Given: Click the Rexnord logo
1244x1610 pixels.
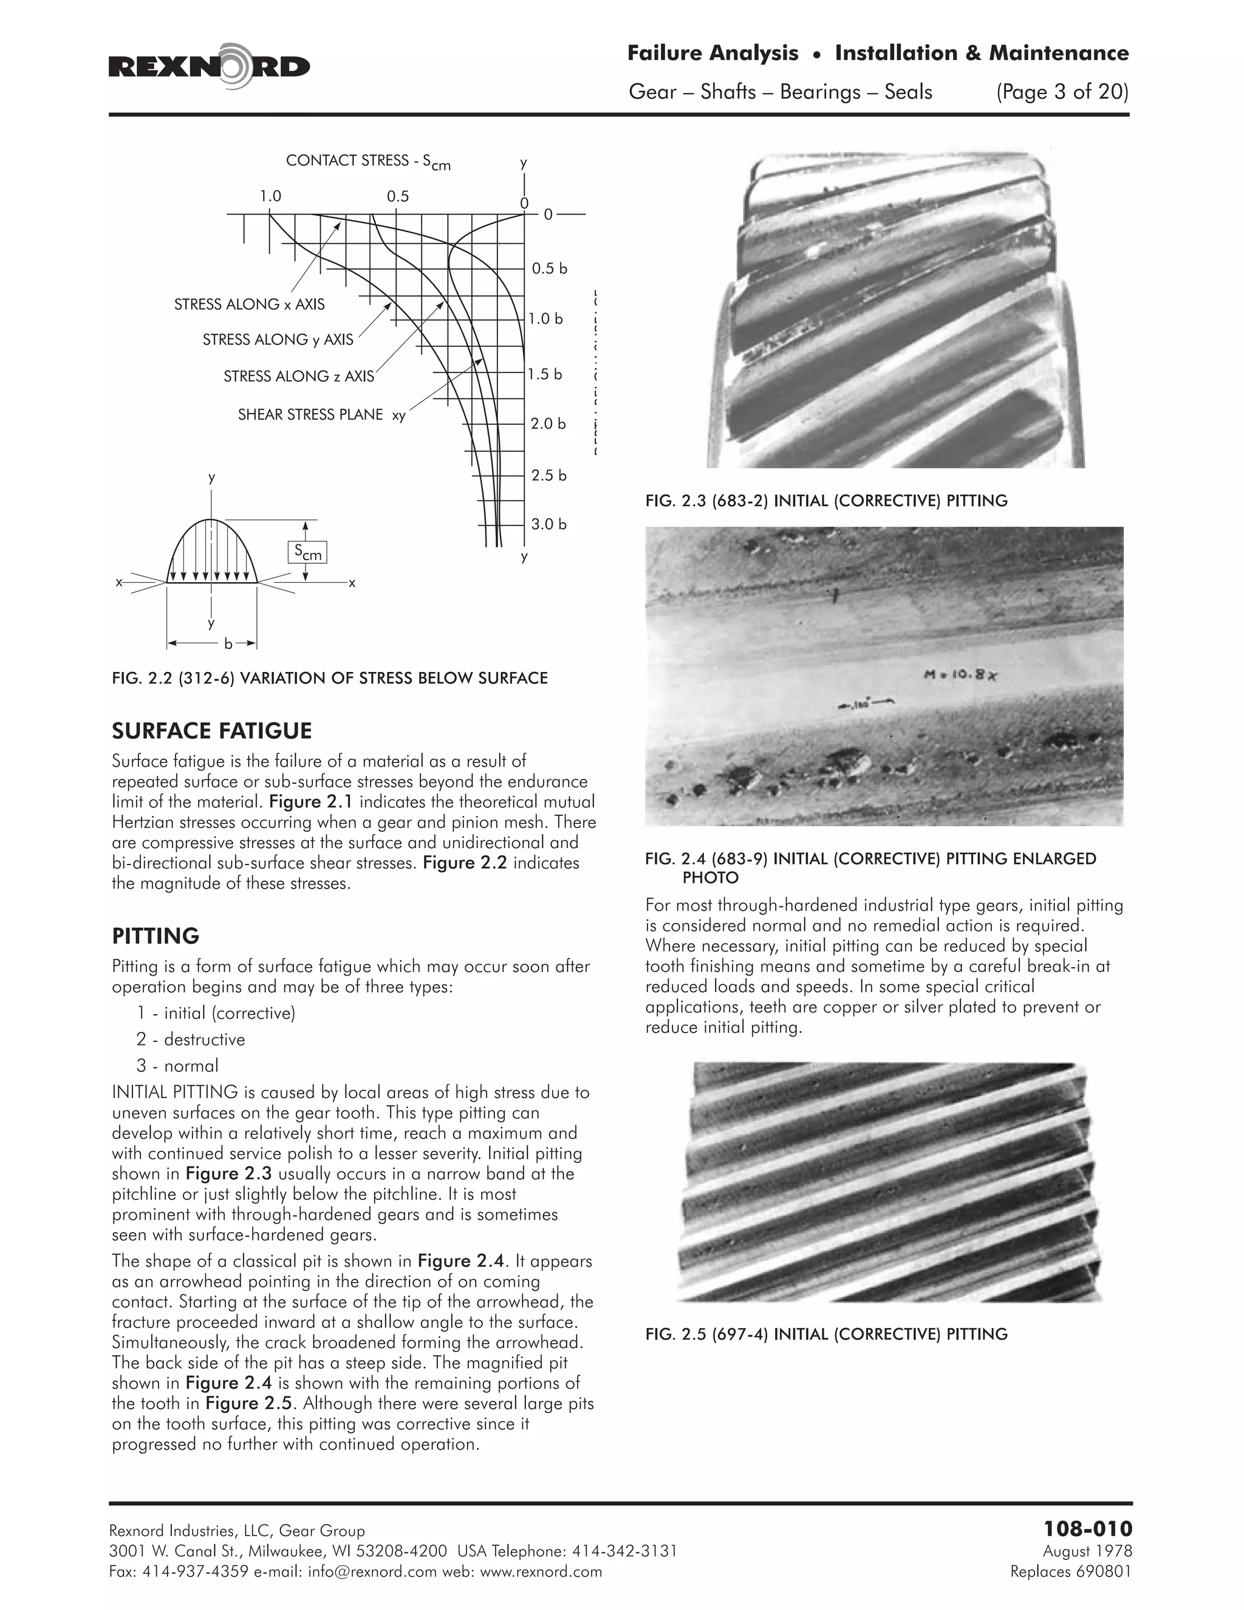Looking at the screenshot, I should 210,67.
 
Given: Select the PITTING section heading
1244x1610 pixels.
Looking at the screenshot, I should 155,936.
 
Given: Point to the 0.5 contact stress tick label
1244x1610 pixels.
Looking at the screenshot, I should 397,196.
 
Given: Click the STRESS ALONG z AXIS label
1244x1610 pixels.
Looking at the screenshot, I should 298,377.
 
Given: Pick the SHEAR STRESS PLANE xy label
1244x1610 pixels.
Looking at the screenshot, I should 321,415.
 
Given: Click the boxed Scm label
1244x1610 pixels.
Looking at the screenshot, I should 307,552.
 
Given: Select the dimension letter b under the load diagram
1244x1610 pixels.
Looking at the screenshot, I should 228,644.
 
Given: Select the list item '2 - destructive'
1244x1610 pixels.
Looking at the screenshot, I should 190,1040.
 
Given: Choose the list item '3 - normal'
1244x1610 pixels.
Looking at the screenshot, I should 177,1066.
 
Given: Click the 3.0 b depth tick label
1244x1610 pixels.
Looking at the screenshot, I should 549,524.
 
